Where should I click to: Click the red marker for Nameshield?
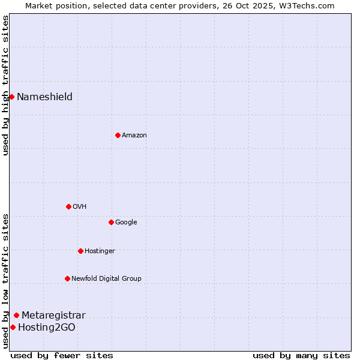(11, 97)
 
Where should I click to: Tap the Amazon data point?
(118, 135)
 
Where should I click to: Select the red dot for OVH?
(68, 206)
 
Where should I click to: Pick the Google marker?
(111, 222)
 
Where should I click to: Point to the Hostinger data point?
(80, 251)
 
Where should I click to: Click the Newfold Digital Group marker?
(67, 278)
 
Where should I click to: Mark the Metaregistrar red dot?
(16, 315)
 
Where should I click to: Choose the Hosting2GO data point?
(13, 327)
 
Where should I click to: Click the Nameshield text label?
(44, 97)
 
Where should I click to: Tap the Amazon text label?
(134, 136)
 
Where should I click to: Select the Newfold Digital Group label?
(106, 278)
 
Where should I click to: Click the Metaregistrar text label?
(53, 316)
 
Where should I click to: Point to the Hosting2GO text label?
(47, 328)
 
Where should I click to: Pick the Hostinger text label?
(100, 251)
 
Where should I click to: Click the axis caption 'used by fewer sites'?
(62, 355)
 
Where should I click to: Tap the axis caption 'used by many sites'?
(301, 355)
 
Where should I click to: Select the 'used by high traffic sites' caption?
(5, 85)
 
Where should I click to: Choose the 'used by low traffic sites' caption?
(5, 281)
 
